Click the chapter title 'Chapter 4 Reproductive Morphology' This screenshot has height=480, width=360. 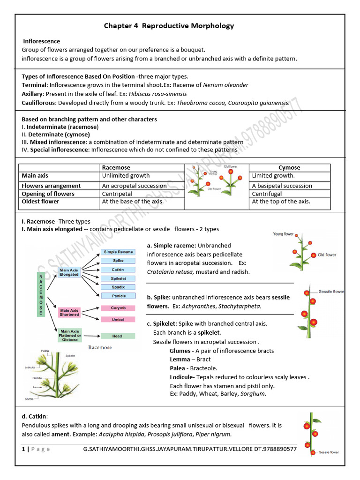[x=169, y=26]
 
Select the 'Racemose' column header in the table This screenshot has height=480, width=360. [x=116, y=167]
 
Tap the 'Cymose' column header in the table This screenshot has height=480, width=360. [x=289, y=167]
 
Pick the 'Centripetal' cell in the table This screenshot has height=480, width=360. [x=117, y=194]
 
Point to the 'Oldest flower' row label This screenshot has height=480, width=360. [x=41, y=202]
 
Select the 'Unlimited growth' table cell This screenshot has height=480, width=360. [x=126, y=176]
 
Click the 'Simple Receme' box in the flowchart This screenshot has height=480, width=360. [x=118, y=252]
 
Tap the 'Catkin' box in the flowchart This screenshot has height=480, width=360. [x=118, y=270]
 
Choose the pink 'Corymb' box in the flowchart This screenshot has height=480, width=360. [x=118, y=308]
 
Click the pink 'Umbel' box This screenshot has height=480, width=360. [x=118, y=319]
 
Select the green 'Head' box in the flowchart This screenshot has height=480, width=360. [x=118, y=336]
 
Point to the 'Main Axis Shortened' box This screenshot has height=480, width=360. [x=68, y=312]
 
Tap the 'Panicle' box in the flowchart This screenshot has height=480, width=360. [x=118, y=296]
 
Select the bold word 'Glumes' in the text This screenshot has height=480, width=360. [x=180, y=351]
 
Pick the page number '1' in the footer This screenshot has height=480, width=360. [x=23, y=449]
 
